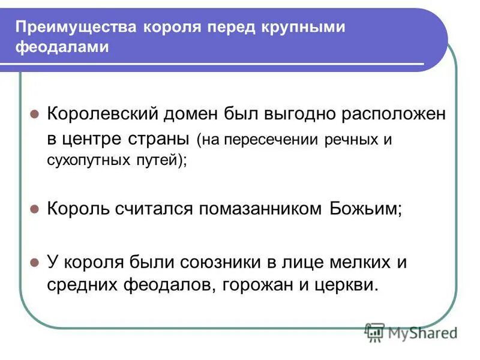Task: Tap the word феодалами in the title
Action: [x=62, y=47]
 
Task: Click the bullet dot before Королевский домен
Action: [x=35, y=114]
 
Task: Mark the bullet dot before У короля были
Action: [x=35, y=262]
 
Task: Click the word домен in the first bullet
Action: [x=194, y=114]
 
